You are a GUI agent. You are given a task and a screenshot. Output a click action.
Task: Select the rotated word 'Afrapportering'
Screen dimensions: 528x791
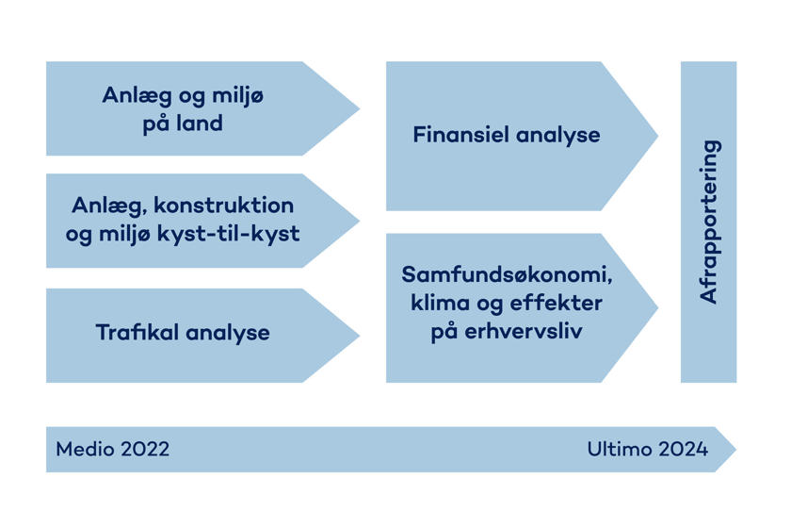pyautogui.click(x=709, y=222)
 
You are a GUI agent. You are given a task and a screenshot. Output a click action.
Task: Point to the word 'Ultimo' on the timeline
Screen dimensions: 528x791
pyautogui.click(x=618, y=449)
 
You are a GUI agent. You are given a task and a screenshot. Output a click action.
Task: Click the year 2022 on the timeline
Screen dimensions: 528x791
pyautogui.click(x=144, y=449)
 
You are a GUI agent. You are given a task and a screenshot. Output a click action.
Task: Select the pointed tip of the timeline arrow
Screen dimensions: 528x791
pyautogui.click(x=734, y=450)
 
